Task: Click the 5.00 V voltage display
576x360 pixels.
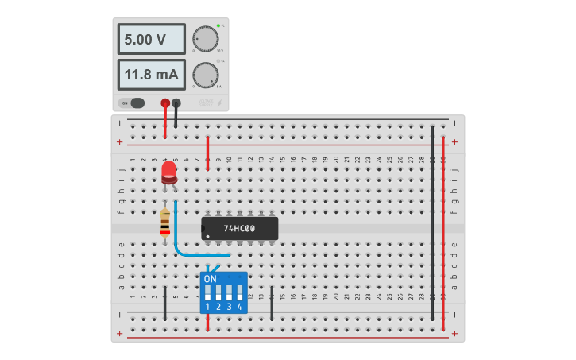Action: click(152, 39)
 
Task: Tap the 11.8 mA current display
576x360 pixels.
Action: click(152, 75)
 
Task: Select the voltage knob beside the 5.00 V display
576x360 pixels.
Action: click(205, 39)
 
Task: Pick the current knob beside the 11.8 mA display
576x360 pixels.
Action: click(205, 75)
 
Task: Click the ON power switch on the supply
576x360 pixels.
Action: click(133, 103)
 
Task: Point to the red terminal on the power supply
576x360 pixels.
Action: click(165, 103)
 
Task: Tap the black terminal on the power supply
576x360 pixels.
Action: click(176, 103)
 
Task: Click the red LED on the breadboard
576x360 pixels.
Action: click(168, 172)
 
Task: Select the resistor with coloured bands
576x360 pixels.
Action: click(164, 223)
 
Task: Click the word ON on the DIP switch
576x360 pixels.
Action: click(211, 280)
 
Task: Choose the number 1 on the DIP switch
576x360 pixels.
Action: click(208, 305)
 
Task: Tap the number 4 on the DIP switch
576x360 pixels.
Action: click(239, 305)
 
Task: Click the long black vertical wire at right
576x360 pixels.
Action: click(432, 223)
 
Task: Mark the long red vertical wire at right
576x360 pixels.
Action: click(443, 230)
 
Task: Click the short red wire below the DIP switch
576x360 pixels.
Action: click(207, 322)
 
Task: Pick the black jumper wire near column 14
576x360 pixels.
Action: click(272, 303)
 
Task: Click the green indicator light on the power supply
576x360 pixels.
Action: click(218, 25)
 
